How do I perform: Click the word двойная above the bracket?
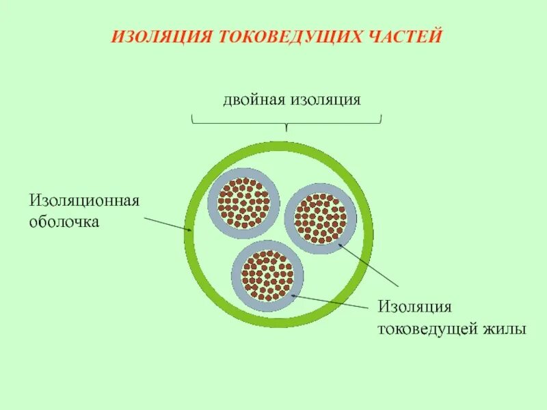254,100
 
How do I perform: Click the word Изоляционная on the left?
84,201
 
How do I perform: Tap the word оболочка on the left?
64,221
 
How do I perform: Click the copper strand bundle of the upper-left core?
243,203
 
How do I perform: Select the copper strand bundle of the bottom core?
267,275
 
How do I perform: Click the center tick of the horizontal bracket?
286,126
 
